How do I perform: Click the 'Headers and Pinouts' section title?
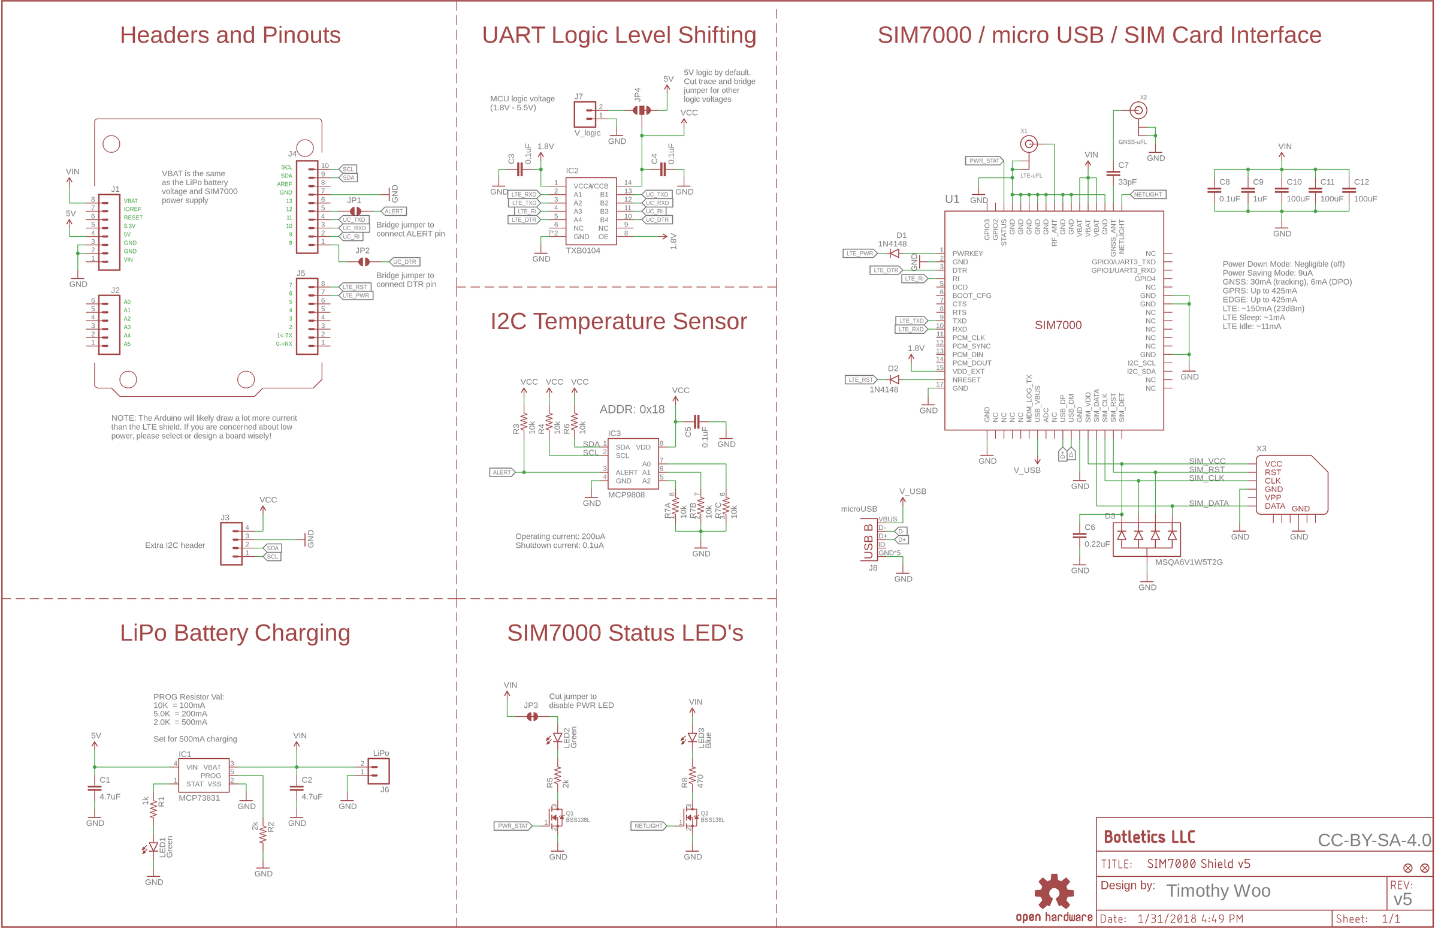(x=229, y=35)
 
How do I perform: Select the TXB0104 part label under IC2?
(x=582, y=251)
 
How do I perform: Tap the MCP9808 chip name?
(x=626, y=494)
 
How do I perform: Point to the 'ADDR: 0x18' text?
(x=632, y=409)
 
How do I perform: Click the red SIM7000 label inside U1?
(x=1058, y=325)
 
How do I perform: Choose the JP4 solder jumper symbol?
(x=642, y=110)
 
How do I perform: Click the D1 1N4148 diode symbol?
(x=894, y=254)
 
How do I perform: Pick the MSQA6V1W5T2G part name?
(x=1188, y=562)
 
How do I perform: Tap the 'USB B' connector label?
(x=868, y=541)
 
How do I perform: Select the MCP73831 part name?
(x=199, y=798)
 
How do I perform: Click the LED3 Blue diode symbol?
(x=692, y=738)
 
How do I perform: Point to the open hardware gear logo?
(x=1053, y=892)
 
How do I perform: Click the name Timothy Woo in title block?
(x=1218, y=891)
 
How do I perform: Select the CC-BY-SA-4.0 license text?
(x=1373, y=840)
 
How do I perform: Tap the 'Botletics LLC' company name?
(x=1149, y=837)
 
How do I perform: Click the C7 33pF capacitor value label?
(x=1127, y=182)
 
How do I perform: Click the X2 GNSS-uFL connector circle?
(x=1138, y=110)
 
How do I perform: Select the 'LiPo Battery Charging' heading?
(x=234, y=633)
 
